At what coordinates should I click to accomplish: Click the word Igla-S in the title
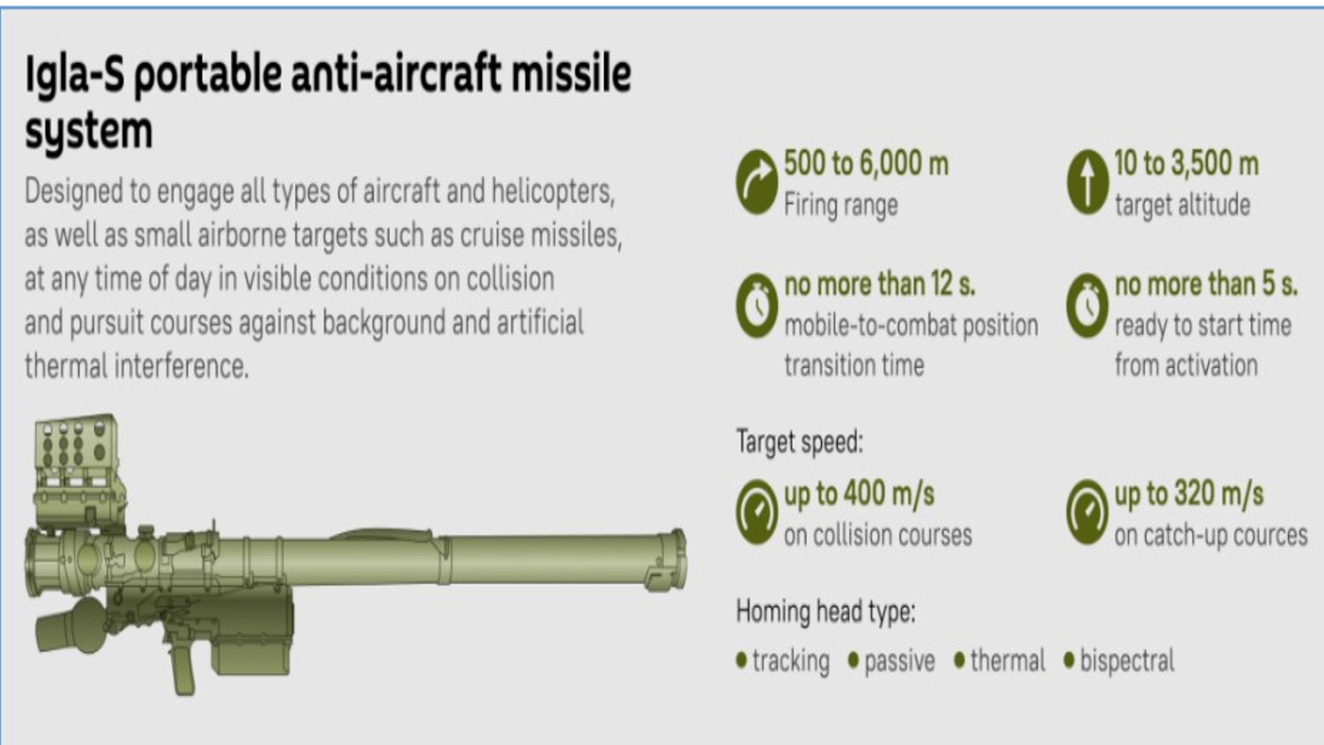[74, 74]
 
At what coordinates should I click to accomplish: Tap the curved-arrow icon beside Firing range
[756, 182]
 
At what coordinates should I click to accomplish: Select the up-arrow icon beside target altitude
[1087, 182]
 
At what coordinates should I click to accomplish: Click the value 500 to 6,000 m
[866, 164]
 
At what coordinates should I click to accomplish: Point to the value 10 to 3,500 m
[1186, 164]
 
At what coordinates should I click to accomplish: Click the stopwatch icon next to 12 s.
[756, 305]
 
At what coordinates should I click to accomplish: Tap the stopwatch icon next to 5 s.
[1087, 305]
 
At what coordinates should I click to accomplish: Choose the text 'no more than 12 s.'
[880, 284]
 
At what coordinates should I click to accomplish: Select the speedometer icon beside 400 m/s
[756, 512]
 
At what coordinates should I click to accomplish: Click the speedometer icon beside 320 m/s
[1087, 512]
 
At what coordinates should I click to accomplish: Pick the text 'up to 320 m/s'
[1189, 494]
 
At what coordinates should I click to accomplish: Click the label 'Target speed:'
[799, 441]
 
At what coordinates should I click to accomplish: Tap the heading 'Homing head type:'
[825, 611]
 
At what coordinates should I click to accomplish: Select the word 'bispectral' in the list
[1127, 661]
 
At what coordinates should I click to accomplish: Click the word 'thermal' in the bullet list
[1007, 661]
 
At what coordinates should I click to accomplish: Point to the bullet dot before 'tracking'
[741, 660]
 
